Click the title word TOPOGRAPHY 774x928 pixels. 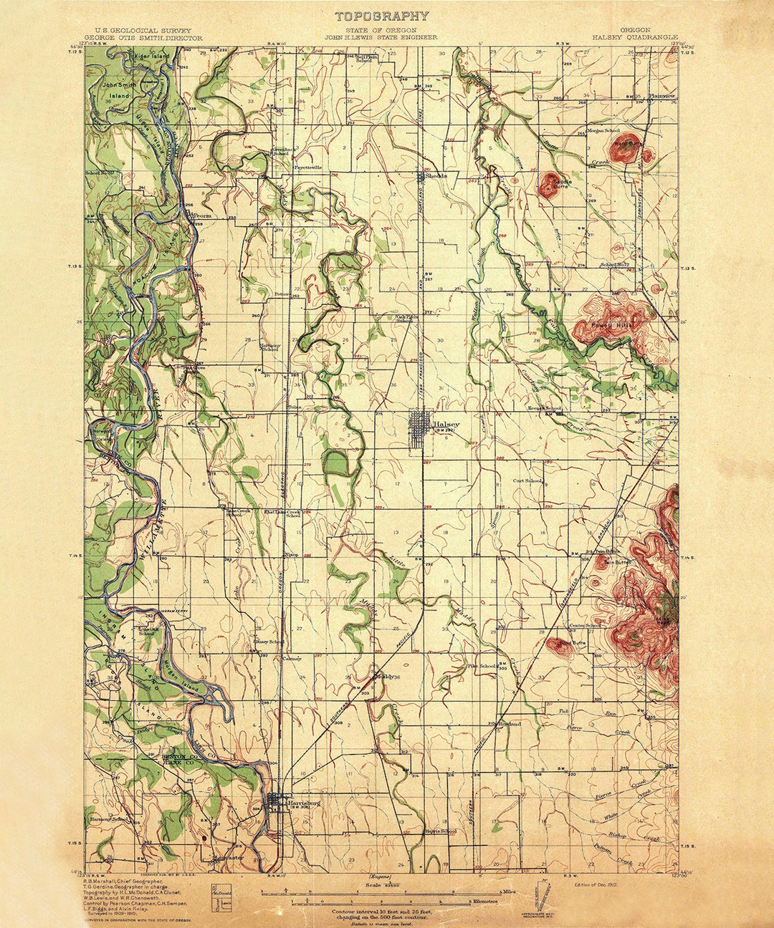[x=382, y=16]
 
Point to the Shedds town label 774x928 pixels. [x=436, y=175]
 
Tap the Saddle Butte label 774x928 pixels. [x=562, y=185]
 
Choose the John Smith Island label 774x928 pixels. [x=119, y=90]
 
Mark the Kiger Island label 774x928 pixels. [x=152, y=56]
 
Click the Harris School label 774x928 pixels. [x=439, y=831]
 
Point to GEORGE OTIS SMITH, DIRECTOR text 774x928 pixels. [x=143, y=37]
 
